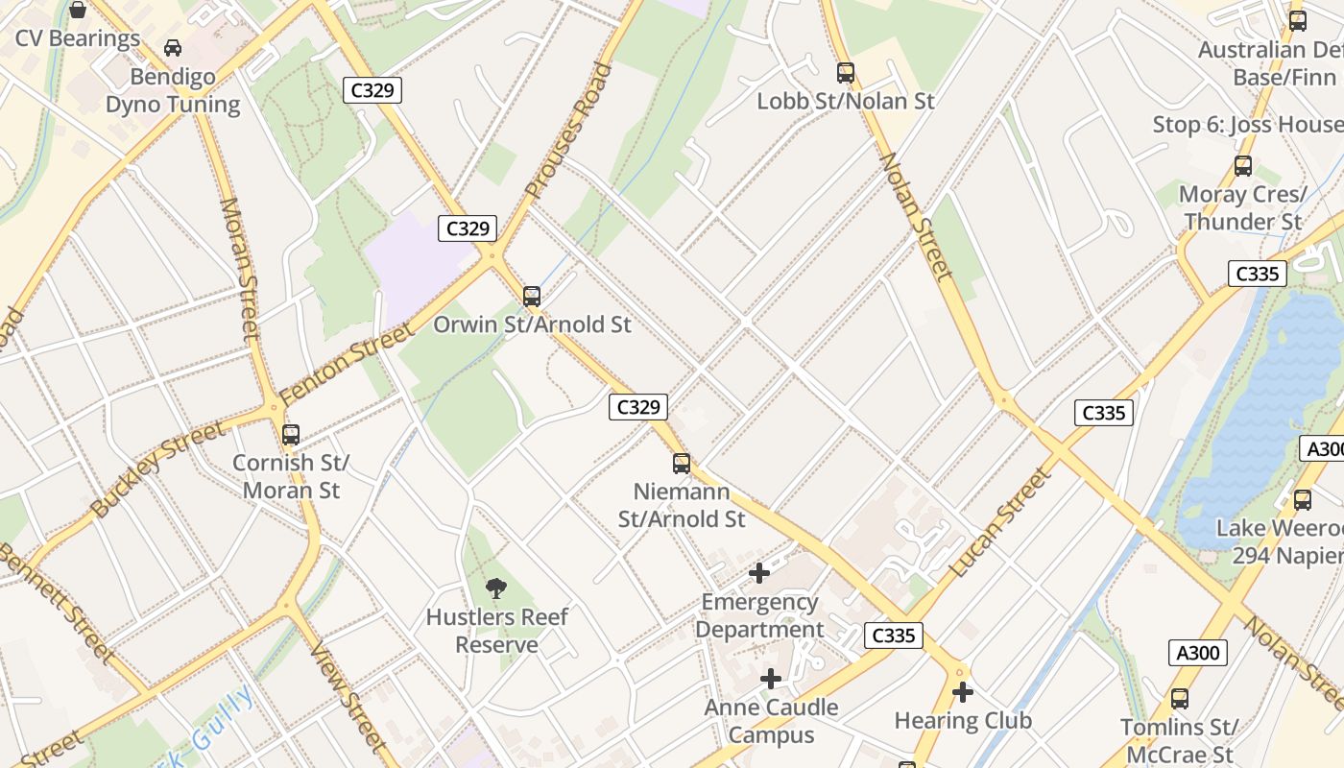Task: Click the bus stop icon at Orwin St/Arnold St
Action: (x=532, y=296)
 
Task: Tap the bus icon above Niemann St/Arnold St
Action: (x=682, y=464)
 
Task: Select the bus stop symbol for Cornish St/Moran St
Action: (x=291, y=434)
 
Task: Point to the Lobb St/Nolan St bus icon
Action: (x=845, y=72)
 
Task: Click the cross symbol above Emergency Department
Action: (x=759, y=573)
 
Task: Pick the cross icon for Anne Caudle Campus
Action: (x=771, y=679)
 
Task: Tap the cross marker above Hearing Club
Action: (x=963, y=691)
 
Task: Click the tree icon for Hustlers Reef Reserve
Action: (x=496, y=588)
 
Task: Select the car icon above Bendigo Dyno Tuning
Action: (x=173, y=48)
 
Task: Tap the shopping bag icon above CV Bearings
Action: (x=78, y=11)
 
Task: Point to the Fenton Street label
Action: (x=348, y=364)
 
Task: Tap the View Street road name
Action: (x=348, y=693)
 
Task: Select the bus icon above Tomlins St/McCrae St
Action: (x=1180, y=699)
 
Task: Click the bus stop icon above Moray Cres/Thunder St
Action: (x=1243, y=166)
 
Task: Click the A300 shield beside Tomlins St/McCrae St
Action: (x=1198, y=654)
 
